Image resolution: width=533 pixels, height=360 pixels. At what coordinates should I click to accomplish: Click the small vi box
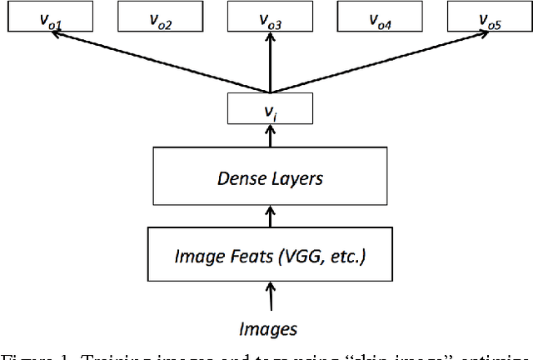270,108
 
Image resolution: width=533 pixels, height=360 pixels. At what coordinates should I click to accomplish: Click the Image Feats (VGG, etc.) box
270,254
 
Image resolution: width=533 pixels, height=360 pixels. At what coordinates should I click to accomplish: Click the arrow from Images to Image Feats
270,296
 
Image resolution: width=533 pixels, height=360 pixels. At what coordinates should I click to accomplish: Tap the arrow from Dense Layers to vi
270,137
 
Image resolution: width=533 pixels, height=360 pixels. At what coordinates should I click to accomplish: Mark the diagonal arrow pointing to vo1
158,62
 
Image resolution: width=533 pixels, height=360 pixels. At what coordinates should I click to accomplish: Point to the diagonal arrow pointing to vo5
379,62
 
